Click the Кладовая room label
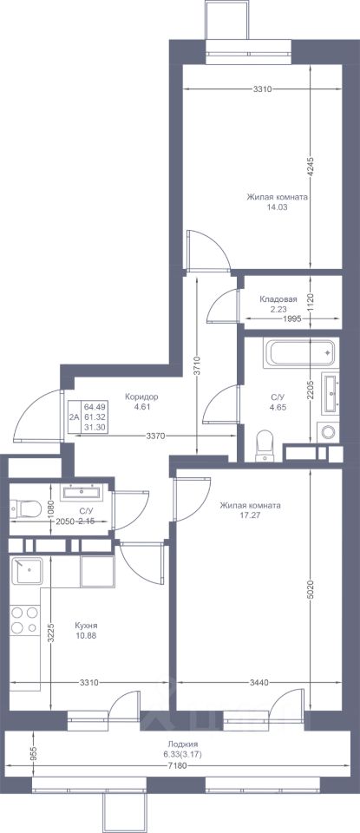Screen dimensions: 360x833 coord(278,299)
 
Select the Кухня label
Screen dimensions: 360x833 coord(87,626)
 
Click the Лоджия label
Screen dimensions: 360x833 coord(181,744)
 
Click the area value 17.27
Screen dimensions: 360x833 coord(251,515)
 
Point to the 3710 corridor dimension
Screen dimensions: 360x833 coord(197,365)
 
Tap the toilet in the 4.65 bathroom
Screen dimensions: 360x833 coord(264,446)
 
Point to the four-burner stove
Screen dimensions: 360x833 coord(25,620)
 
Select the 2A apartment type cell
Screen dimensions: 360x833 coord(73,417)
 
